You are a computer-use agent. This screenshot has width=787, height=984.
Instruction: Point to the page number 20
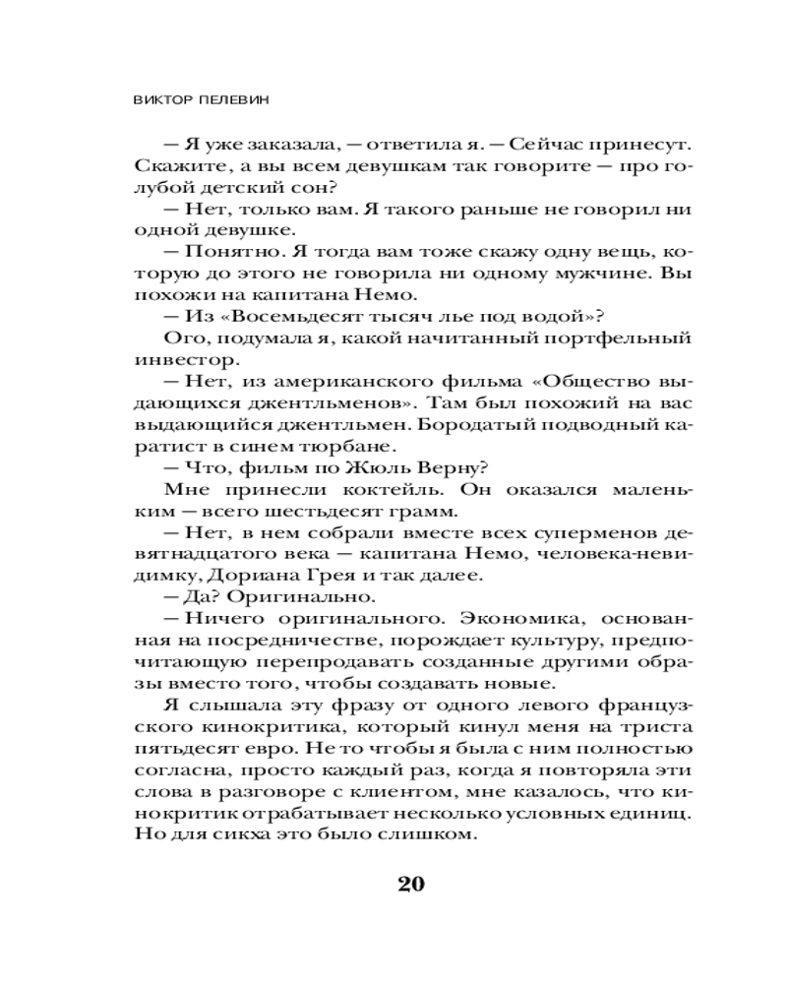[x=411, y=882]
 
